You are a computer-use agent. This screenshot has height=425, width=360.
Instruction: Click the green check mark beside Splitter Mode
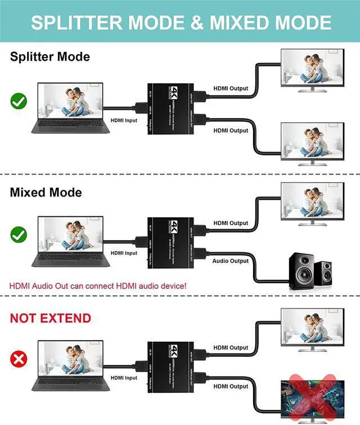tap(19, 101)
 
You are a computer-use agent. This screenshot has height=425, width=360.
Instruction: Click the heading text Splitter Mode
tap(49, 57)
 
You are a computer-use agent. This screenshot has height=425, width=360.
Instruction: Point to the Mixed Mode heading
tap(46, 193)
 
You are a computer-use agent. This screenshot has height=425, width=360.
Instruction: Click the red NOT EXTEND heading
tap(50, 318)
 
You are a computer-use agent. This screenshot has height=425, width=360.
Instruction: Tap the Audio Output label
tap(231, 261)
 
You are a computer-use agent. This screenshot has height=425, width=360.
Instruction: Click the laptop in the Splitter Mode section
tap(70, 108)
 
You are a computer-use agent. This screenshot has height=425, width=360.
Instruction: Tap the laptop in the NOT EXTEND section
tap(70, 365)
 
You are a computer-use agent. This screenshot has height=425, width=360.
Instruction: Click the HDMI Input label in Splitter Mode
tap(124, 120)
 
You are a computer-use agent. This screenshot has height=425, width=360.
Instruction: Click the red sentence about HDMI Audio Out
tap(98, 286)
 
